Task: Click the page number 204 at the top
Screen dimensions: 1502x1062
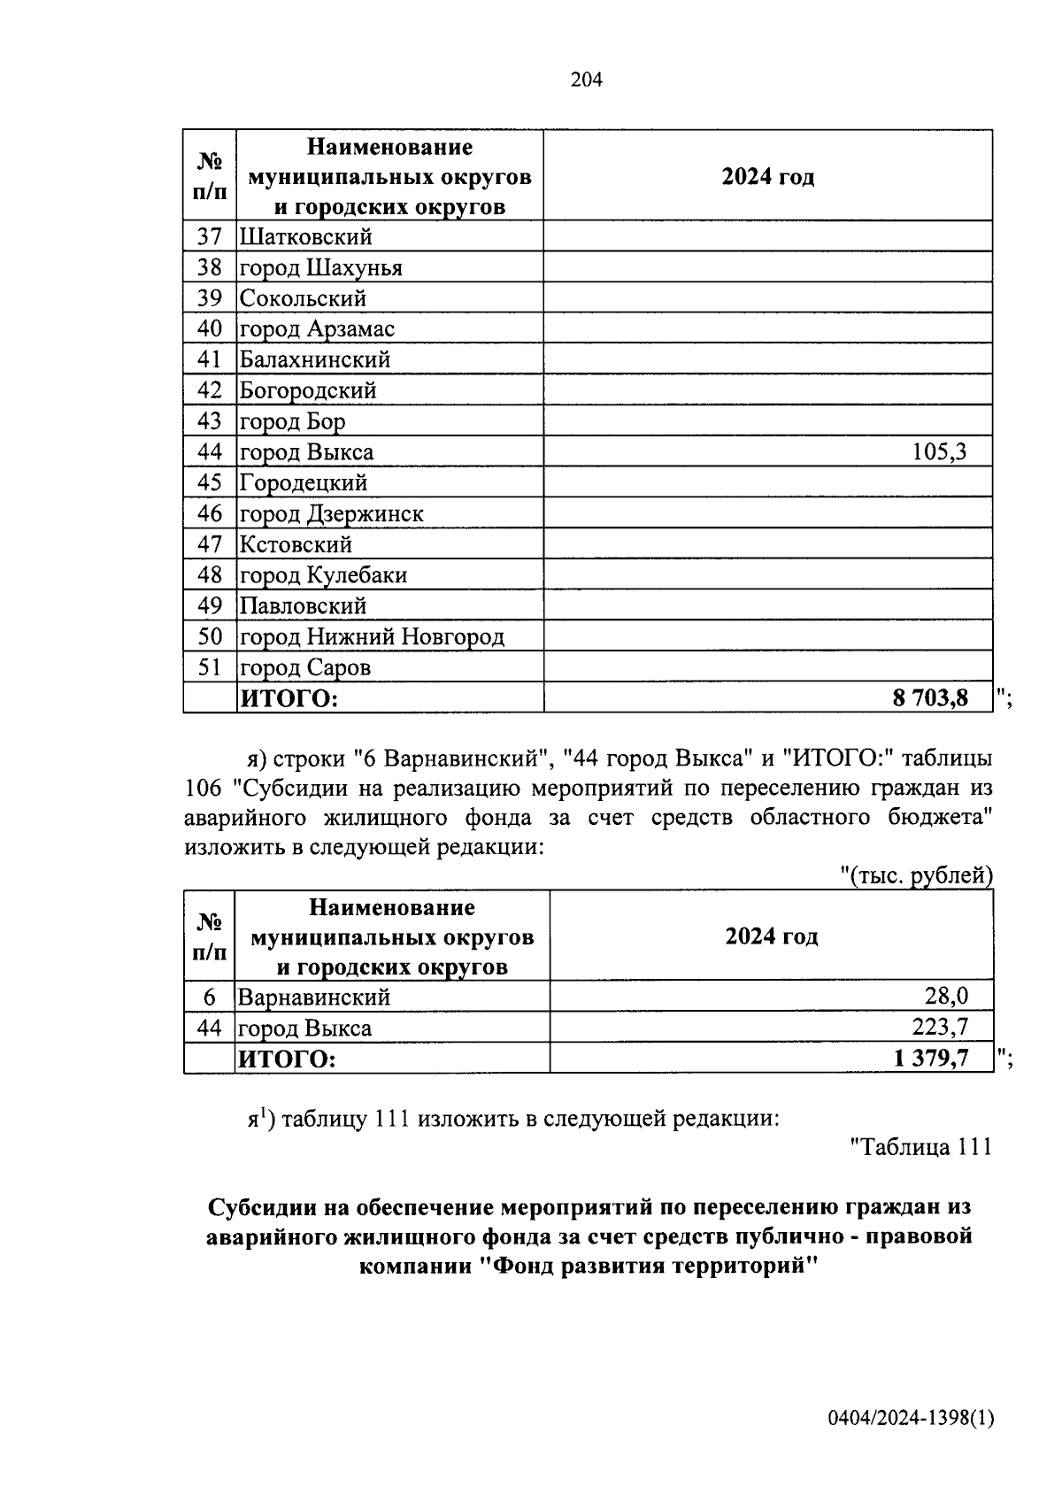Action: point(586,81)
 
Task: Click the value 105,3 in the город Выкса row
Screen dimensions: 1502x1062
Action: point(939,453)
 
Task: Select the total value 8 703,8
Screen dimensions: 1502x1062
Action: point(929,698)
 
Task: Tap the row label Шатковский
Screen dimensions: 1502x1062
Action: point(305,237)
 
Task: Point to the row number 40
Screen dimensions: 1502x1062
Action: point(209,329)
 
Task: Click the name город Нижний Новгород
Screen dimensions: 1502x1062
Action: point(372,637)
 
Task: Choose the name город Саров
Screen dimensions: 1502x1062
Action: point(305,667)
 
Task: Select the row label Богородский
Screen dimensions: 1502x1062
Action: point(308,390)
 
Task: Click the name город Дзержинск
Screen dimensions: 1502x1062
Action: point(332,514)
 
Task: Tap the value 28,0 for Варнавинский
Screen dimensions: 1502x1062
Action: point(946,997)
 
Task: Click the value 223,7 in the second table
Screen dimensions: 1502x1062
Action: point(940,1027)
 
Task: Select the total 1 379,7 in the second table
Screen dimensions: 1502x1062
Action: point(931,1058)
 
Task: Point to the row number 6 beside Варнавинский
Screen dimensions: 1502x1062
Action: point(209,997)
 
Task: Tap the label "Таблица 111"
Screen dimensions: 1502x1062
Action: point(920,1147)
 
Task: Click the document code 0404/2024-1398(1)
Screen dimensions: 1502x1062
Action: point(911,1420)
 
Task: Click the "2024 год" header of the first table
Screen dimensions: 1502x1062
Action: point(767,177)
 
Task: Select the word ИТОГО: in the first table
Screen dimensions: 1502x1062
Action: point(289,699)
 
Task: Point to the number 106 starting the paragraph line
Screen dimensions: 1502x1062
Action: point(204,788)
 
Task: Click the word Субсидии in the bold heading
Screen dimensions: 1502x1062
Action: point(258,1207)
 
